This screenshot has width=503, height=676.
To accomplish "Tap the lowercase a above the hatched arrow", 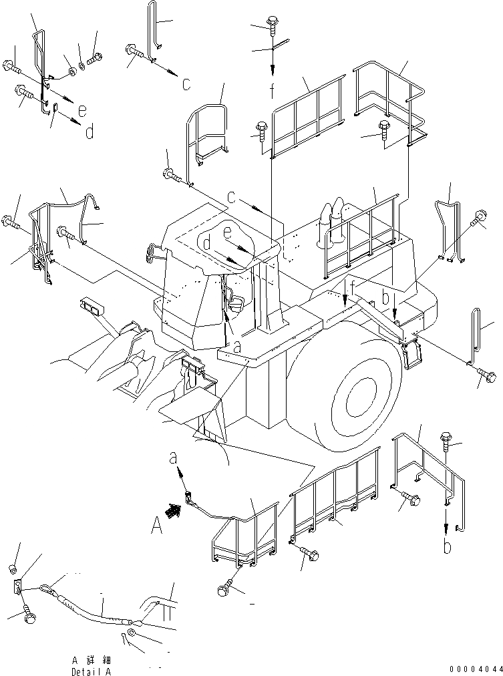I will pos(174,459).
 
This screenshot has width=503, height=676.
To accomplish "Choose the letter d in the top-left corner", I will pos(89,132).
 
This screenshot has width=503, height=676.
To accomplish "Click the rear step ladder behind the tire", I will pos(412,355).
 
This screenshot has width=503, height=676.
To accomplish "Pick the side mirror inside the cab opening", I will pos(235,303).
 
